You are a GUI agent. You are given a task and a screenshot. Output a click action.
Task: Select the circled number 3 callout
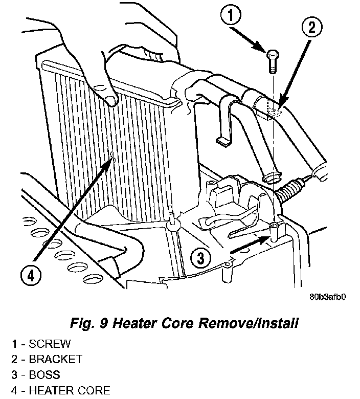click(201, 258)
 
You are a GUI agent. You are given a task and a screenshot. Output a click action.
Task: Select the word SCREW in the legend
click(50, 344)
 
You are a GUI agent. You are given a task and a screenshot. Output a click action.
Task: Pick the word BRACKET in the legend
click(55, 360)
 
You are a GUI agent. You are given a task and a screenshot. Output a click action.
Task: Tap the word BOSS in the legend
click(44, 375)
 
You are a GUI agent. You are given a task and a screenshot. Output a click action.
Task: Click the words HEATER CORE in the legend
click(69, 391)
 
